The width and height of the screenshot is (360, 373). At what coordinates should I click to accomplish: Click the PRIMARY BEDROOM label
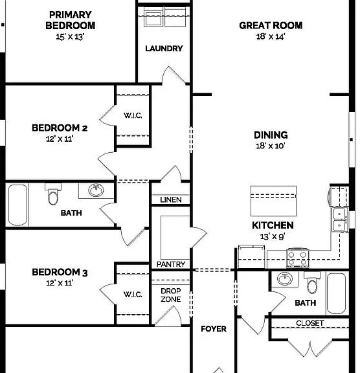point(71,20)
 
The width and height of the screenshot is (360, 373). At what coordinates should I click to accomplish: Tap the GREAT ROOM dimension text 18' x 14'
point(271,37)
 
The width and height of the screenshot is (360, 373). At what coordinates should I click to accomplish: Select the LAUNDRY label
point(164,49)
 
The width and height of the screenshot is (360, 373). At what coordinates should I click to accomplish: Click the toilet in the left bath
point(53,194)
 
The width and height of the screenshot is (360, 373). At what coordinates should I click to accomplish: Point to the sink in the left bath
point(96,190)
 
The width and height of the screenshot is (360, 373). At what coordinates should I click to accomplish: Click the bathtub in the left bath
point(17,205)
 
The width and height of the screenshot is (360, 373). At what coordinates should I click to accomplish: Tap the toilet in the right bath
point(311,283)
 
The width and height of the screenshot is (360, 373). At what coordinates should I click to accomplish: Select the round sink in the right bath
point(285,278)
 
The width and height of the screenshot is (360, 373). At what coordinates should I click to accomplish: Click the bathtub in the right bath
point(336,293)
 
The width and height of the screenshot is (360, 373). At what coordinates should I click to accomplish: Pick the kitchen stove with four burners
point(297,258)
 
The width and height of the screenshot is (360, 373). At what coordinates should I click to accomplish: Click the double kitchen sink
point(339,220)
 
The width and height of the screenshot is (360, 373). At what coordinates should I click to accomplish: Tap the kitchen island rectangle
point(273,201)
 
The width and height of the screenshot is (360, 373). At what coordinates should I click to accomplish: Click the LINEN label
point(171,199)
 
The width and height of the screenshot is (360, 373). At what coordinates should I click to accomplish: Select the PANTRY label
point(171,264)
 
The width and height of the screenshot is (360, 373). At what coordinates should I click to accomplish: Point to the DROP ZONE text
point(171,295)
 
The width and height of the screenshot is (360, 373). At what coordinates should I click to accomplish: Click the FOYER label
point(214,329)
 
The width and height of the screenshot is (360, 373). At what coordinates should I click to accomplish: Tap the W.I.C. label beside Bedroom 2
point(133,115)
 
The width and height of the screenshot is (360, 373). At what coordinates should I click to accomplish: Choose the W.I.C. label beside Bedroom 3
point(133,295)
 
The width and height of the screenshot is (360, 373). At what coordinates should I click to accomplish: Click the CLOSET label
point(310,323)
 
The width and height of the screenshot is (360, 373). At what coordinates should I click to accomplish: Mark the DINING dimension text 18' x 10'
point(271,146)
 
